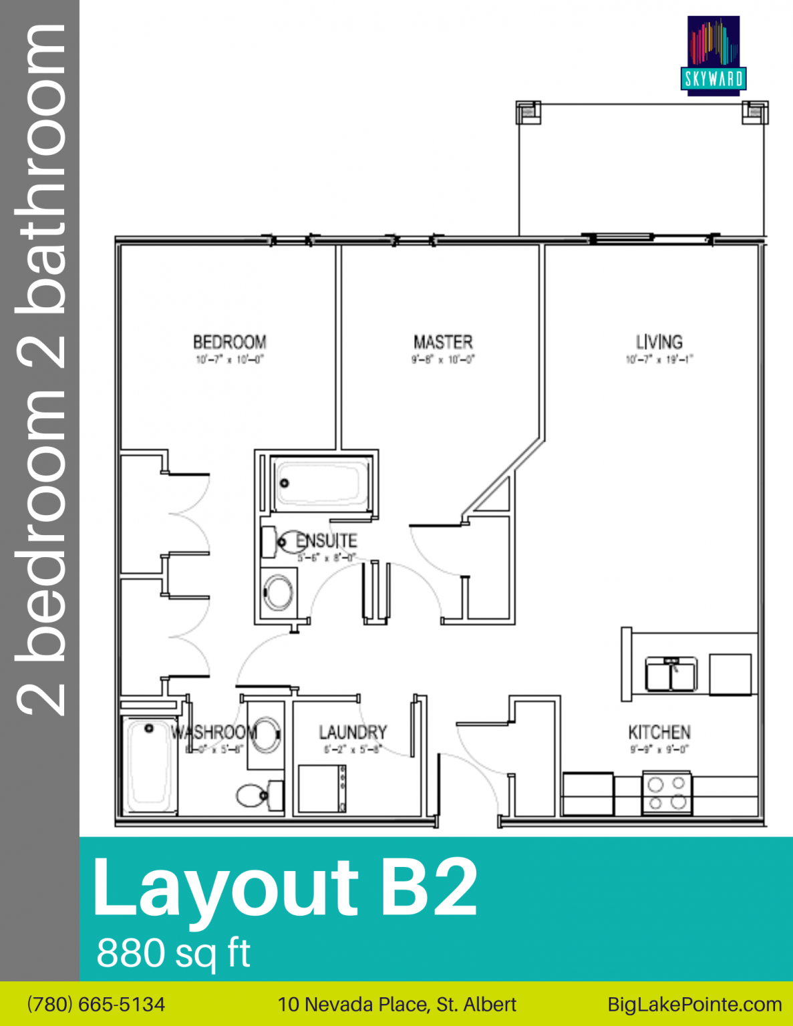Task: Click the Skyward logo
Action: (713, 55)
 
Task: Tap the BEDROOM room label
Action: (230, 342)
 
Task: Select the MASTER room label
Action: (443, 342)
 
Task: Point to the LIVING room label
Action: (659, 342)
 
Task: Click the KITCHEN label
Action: (659, 732)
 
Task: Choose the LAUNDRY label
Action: (353, 732)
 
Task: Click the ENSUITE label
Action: (327, 540)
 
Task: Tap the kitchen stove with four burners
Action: (667, 794)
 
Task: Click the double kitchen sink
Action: (671, 674)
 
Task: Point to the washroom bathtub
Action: (148, 764)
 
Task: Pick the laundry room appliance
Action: (322, 788)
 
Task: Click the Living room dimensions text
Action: (659, 359)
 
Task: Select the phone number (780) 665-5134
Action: (96, 1004)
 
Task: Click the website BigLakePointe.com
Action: (694, 1004)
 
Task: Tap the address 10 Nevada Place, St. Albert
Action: (397, 1004)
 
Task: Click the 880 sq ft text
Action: (173, 953)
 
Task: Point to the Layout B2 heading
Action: (285, 888)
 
